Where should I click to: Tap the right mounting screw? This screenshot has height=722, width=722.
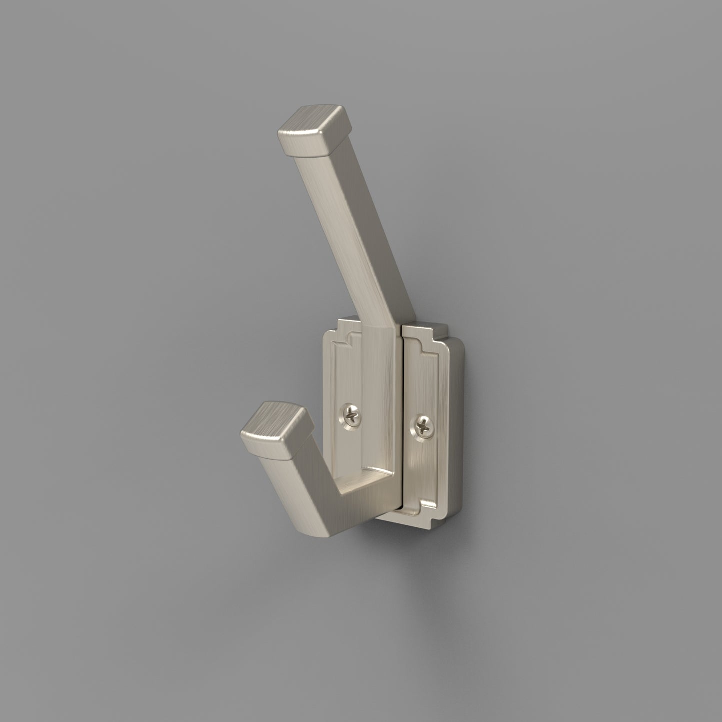click(x=422, y=427)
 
